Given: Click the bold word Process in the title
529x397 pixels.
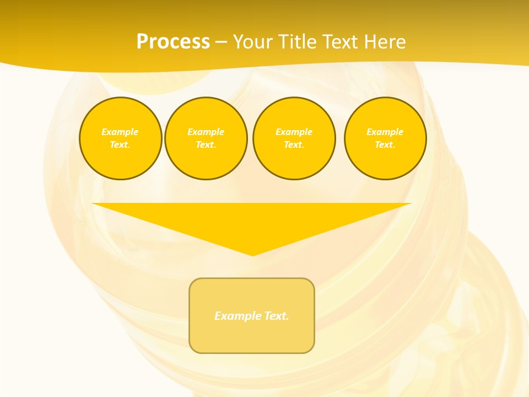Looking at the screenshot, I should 173,42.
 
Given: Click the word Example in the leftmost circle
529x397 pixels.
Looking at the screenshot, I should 120,132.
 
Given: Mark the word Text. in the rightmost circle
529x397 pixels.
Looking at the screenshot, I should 385,144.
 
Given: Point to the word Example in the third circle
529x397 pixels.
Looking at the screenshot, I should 294,132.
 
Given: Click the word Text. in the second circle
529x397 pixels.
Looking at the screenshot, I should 206,144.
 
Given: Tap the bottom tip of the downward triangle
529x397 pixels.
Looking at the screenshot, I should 252,255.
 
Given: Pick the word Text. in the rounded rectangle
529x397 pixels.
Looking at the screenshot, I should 276,316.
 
